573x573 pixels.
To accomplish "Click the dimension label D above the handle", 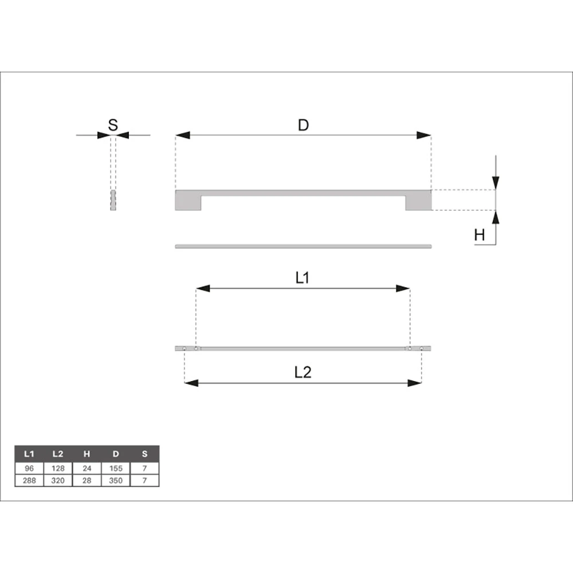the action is click(303, 125).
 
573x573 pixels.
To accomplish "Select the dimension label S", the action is click(113, 125).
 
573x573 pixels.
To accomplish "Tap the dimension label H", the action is click(480, 235).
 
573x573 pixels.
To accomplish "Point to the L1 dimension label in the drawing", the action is click(302, 278).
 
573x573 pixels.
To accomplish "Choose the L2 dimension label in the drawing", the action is click(303, 372).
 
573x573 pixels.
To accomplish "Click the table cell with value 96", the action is click(29, 469).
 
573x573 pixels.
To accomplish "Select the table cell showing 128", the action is click(58, 469).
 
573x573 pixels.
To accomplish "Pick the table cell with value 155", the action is click(116, 469).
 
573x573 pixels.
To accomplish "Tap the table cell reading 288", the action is click(29, 481).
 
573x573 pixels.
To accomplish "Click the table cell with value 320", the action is click(58, 481).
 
